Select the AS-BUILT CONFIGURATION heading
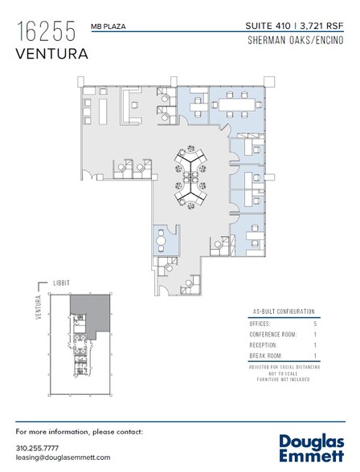pos(277,311)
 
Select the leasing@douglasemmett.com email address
pos(62,457)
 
